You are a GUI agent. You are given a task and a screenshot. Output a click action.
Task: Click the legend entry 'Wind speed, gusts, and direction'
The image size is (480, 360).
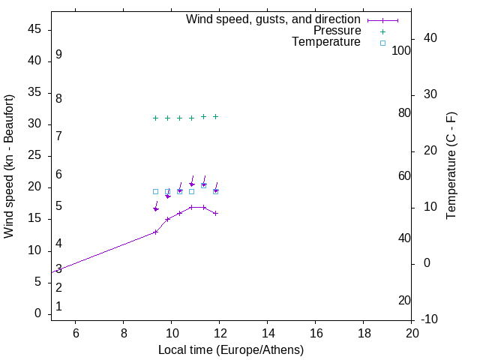tap(273, 19)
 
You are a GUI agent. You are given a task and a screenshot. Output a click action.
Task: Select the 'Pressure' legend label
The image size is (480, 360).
tap(337, 31)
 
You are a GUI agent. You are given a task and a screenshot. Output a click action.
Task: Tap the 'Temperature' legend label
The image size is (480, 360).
tap(326, 42)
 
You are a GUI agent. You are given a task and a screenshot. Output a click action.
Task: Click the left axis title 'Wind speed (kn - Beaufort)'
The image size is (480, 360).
tap(9, 166)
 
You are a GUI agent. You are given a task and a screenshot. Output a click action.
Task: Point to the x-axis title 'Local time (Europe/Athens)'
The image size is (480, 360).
tap(231, 349)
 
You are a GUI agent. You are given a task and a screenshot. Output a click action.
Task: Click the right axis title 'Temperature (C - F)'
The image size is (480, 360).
tap(451, 166)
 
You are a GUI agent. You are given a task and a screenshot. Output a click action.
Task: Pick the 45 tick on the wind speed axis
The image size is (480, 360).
tap(34, 29)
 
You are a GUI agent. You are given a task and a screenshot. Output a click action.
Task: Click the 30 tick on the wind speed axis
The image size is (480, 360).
tap(34, 124)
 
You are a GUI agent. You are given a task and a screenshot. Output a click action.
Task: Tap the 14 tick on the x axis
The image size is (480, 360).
tap(268, 333)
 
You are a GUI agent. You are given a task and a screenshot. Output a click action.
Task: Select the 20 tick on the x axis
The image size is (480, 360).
tap(412, 333)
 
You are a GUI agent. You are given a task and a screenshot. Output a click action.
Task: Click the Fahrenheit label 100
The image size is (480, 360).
tap(402, 50)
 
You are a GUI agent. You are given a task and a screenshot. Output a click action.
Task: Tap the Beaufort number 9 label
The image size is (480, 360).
tap(58, 55)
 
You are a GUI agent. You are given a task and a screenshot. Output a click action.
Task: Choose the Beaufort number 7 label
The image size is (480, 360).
tap(58, 136)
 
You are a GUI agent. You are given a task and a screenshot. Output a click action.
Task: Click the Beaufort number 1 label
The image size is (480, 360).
tap(58, 306)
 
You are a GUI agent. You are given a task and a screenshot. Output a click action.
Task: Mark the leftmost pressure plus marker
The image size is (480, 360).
tap(155, 118)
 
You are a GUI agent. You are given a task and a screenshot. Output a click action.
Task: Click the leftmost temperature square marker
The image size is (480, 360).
tap(155, 191)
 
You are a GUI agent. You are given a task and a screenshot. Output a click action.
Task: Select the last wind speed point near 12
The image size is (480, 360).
tap(215, 213)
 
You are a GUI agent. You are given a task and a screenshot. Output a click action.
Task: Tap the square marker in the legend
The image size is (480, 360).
tap(382, 43)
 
